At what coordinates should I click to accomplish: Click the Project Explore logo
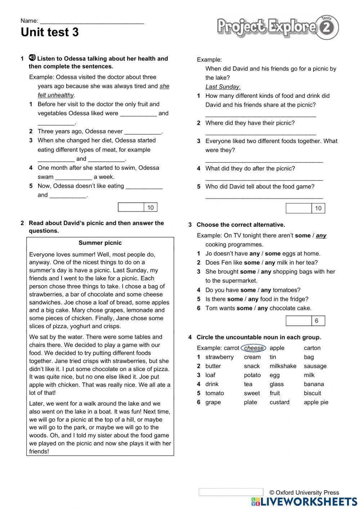tap(278, 27)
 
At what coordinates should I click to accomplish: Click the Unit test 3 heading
tap(50, 32)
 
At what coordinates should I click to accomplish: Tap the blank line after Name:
tap(92, 22)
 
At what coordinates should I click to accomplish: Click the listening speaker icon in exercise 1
tap(32, 58)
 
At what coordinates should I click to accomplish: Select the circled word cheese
tap(254, 348)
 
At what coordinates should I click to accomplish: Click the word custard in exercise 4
tap(279, 402)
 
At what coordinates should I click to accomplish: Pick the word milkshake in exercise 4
tap(283, 366)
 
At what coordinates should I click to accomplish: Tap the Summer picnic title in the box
tap(100, 243)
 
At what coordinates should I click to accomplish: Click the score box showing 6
tap(305, 321)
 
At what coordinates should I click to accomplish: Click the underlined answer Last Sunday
tap(222, 87)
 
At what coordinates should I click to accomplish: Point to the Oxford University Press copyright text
tap(304, 492)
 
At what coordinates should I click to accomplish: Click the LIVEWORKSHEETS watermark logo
tap(304, 501)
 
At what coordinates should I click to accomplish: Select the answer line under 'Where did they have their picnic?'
tap(261, 133)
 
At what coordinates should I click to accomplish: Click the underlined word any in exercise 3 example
tap(321, 236)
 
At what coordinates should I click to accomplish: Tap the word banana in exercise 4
tap(314, 384)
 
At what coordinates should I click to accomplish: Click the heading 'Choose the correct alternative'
tap(240, 225)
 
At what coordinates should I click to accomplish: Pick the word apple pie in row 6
tap(316, 402)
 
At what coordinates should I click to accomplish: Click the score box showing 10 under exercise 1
tap(138, 207)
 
